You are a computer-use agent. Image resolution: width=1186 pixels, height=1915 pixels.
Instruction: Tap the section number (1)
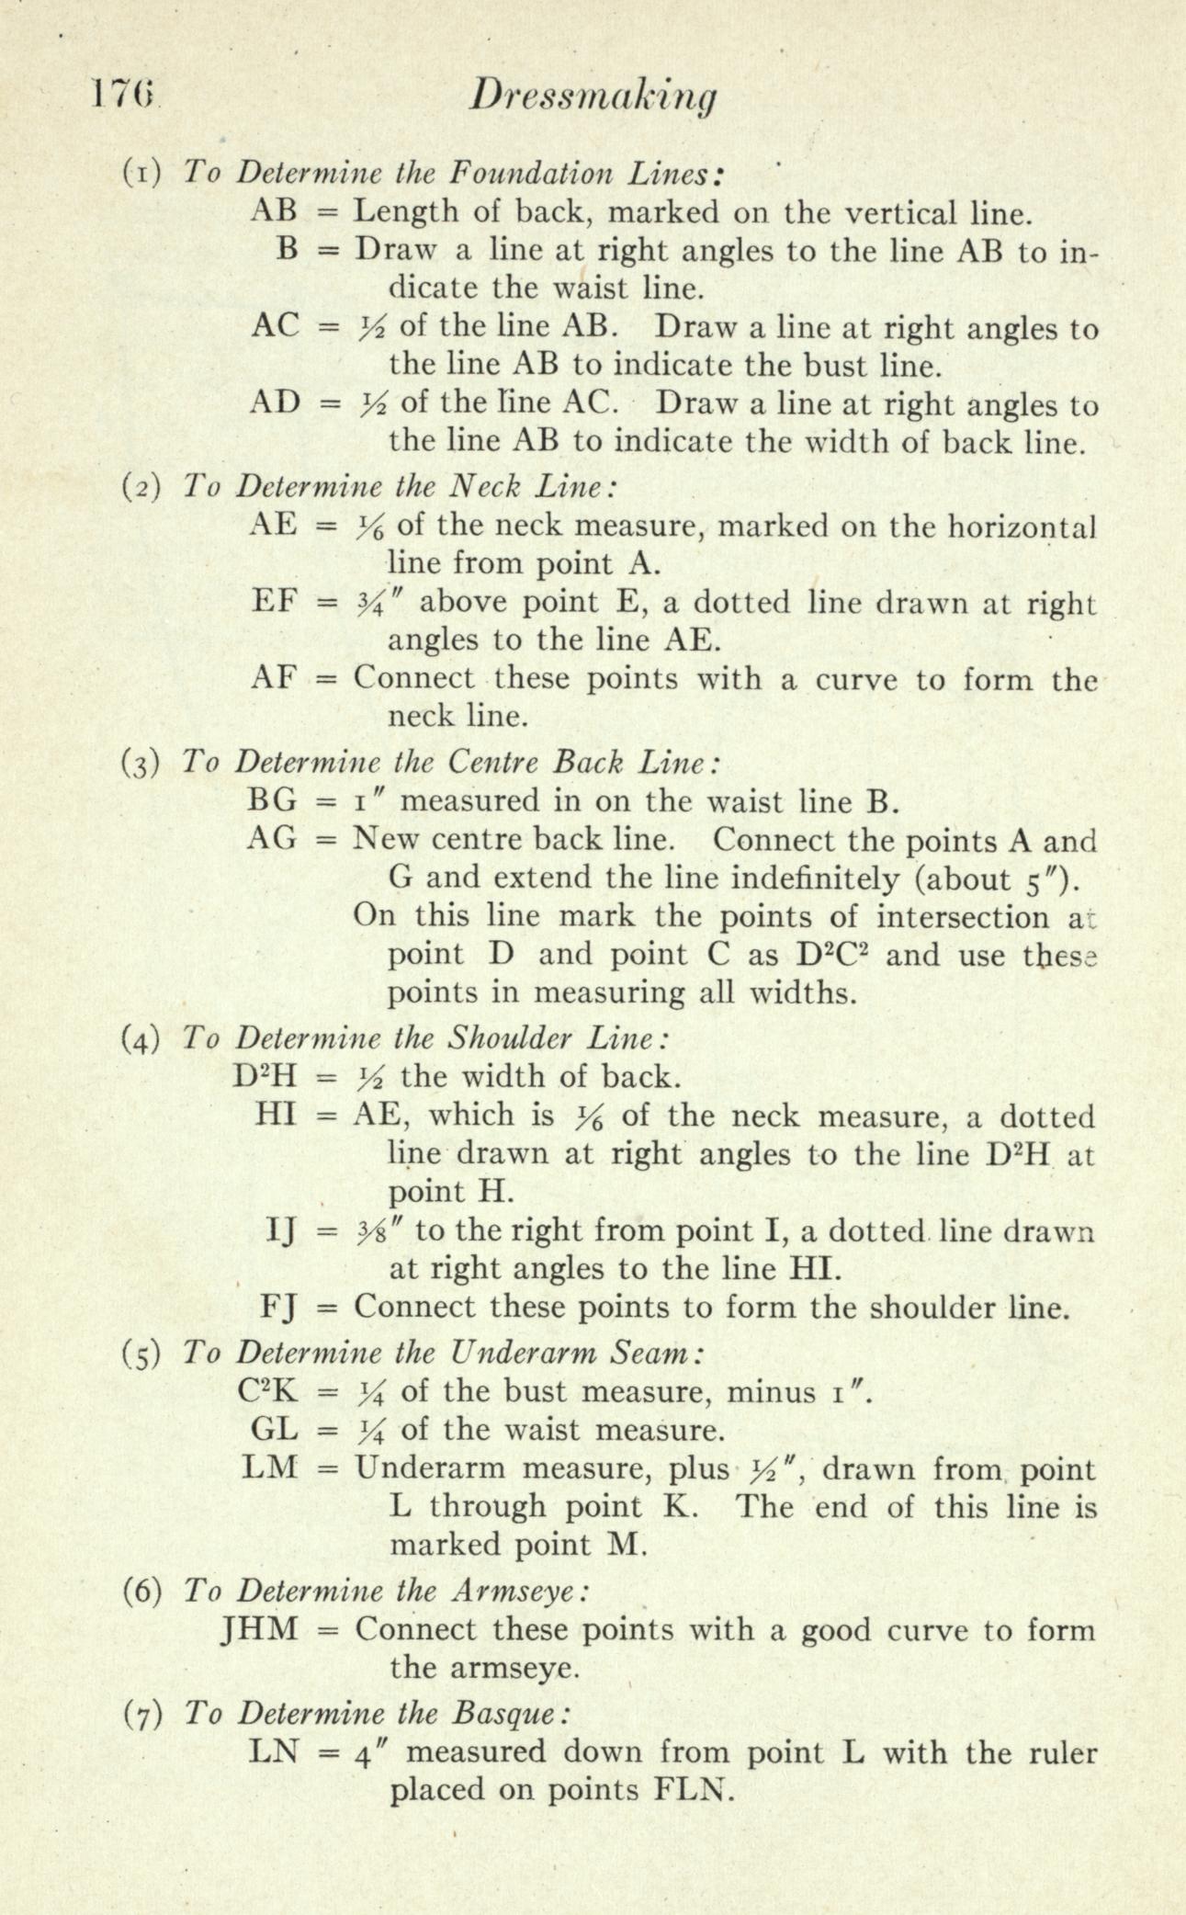click(x=142, y=172)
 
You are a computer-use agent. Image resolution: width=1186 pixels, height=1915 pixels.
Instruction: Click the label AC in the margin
click(x=274, y=326)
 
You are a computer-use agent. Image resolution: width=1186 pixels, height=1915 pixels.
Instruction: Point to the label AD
click(x=275, y=402)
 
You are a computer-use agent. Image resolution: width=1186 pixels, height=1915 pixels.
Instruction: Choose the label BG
click(x=274, y=801)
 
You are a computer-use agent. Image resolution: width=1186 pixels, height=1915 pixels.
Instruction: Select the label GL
click(x=275, y=1430)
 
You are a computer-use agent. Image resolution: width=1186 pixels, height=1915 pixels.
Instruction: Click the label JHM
click(x=261, y=1629)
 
